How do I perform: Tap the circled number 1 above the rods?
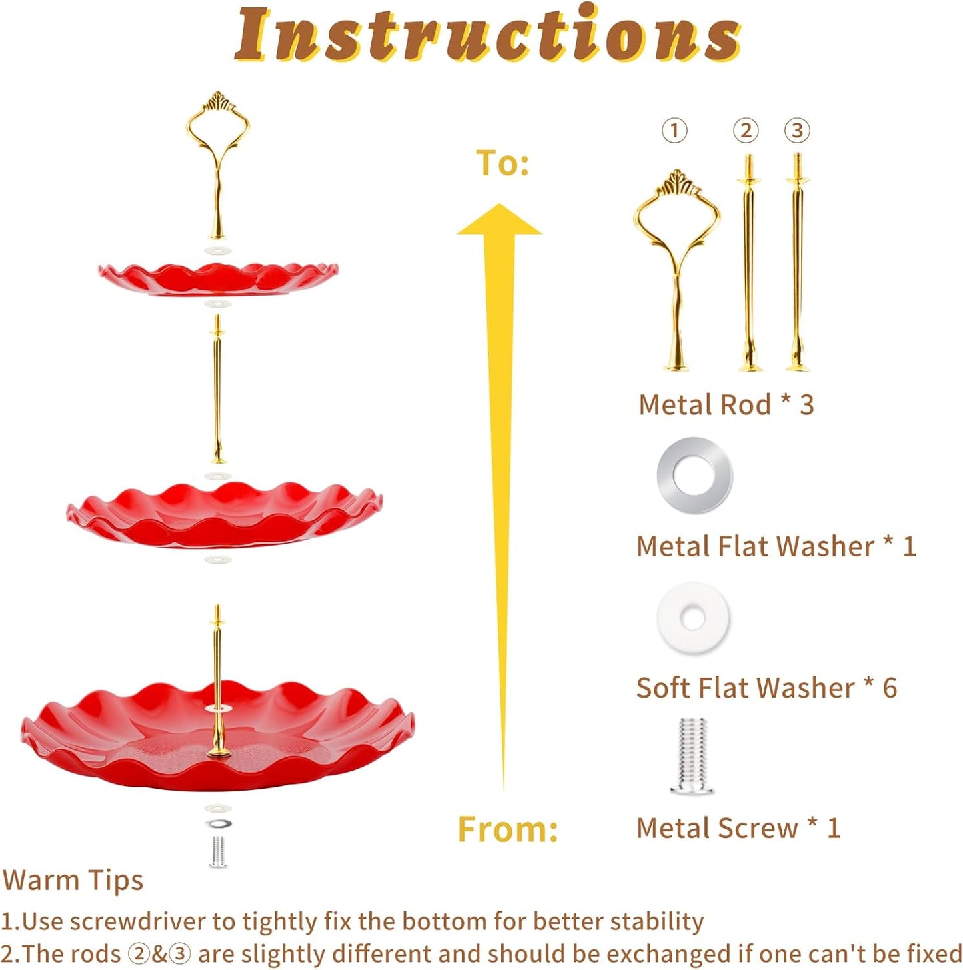pyautogui.click(x=674, y=130)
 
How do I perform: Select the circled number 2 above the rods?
pyautogui.click(x=746, y=130)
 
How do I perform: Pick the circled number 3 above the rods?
pyautogui.click(x=797, y=130)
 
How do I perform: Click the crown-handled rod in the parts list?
pyautogui.click(x=676, y=266)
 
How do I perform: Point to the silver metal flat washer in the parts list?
pyautogui.click(x=694, y=475)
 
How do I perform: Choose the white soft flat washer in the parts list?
pyautogui.click(x=693, y=618)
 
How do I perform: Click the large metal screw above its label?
pyautogui.click(x=692, y=755)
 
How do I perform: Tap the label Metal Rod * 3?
pyautogui.click(x=726, y=404)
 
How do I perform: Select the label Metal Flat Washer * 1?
pyautogui.click(x=776, y=546)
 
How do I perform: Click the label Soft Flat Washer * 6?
pyautogui.click(x=766, y=688)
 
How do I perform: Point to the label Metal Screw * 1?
pyautogui.click(x=738, y=828)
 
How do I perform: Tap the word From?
pyautogui.click(x=507, y=829)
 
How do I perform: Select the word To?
pyautogui.click(x=502, y=163)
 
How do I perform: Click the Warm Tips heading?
pyautogui.click(x=73, y=881)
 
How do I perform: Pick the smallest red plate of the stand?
pyautogui.click(x=218, y=278)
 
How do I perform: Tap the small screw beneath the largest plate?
pyautogui.click(x=217, y=851)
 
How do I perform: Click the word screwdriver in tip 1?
pyautogui.click(x=137, y=921)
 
